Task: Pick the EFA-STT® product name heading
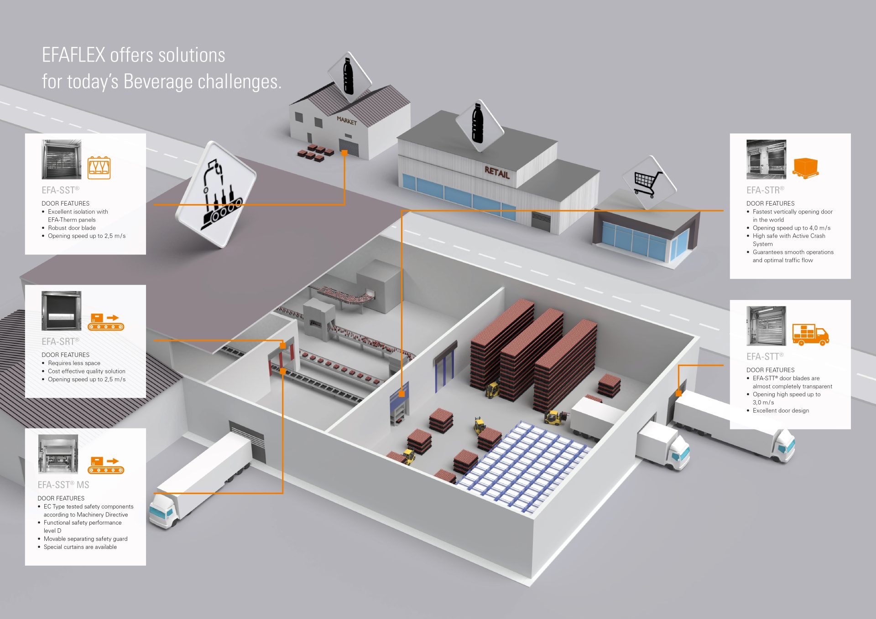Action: [x=765, y=356]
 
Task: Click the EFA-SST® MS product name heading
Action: [x=63, y=485]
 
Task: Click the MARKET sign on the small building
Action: [x=347, y=121]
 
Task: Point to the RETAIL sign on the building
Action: [x=497, y=172]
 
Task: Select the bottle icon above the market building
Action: [x=349, y=76]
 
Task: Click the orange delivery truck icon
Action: [x=810, y=335]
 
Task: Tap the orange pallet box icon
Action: [x=806, y=167]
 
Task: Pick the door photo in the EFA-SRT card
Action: [x=62, y=311]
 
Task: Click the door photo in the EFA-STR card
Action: [x=766, y=160]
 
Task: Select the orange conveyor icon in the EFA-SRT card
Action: [x=106, y=321]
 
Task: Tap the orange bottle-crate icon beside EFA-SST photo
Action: [x=99, y=168]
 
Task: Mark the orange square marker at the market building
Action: [x=344, y=153]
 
